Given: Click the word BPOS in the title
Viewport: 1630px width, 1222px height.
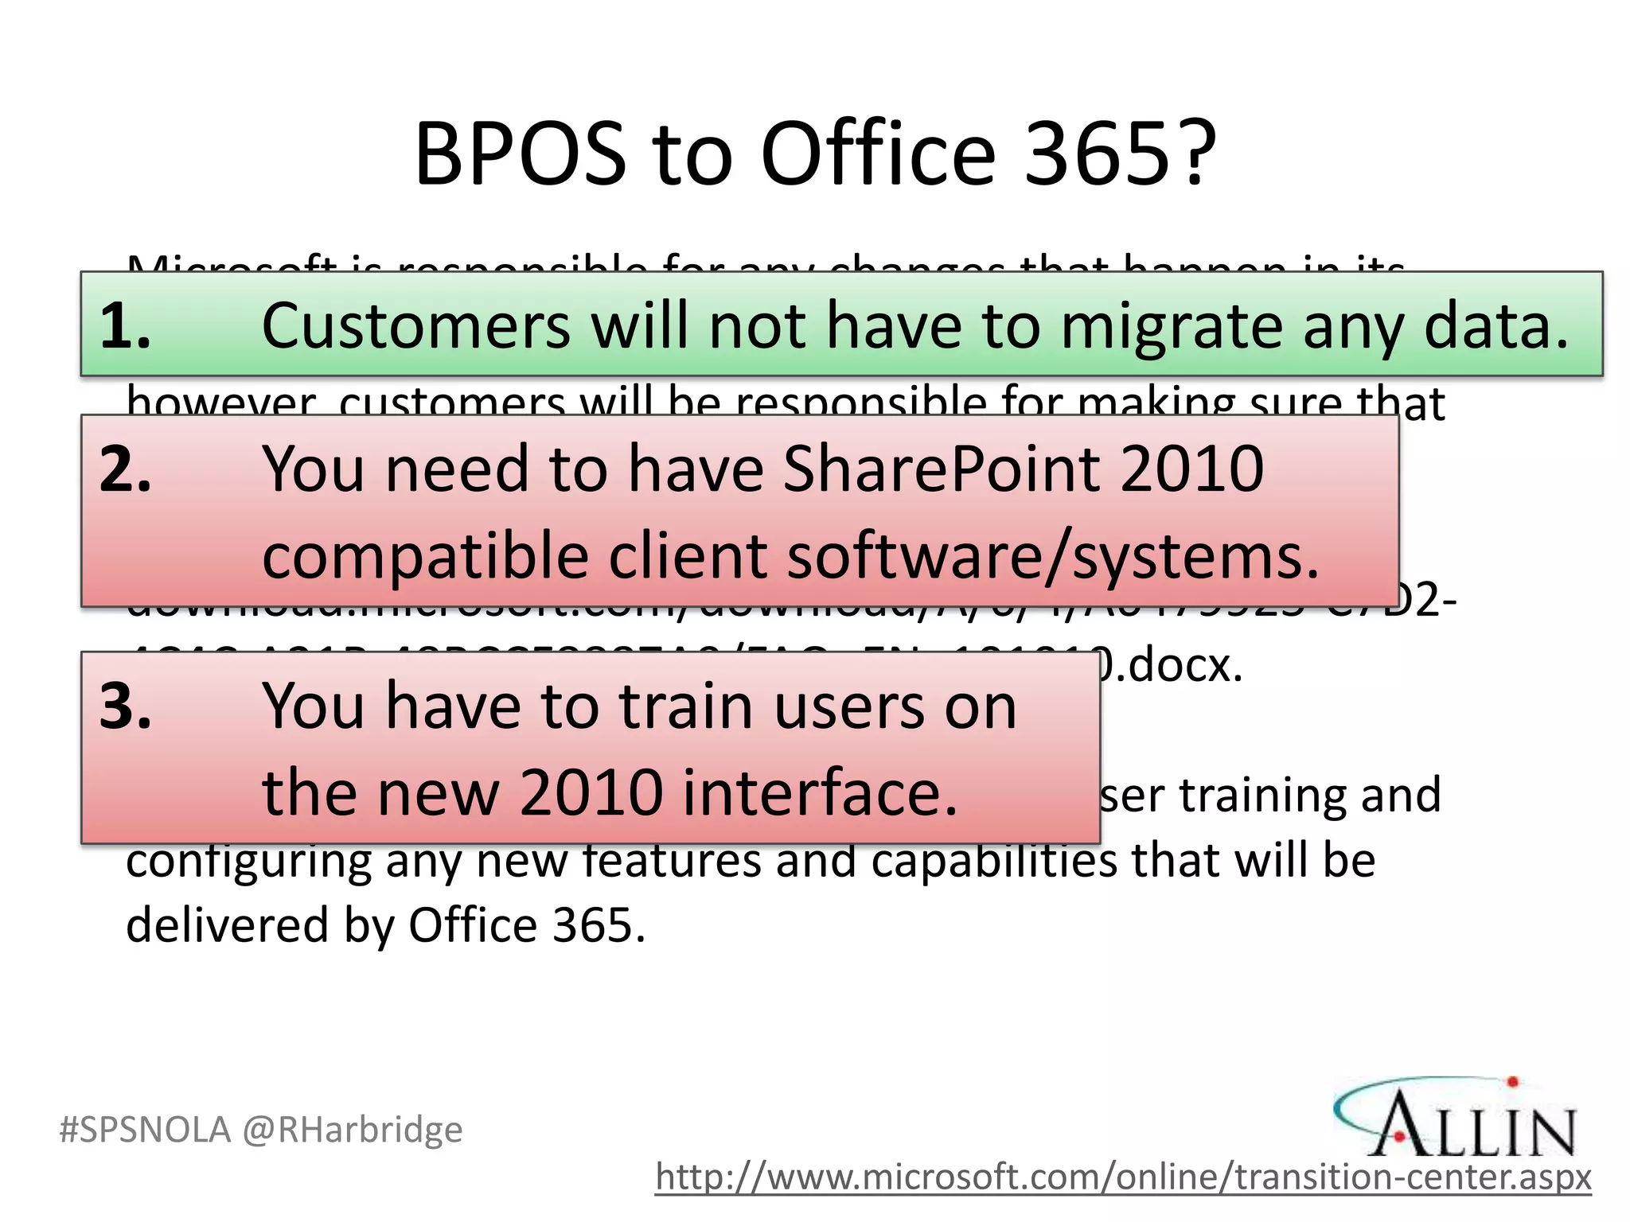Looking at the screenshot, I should tap(520, 154).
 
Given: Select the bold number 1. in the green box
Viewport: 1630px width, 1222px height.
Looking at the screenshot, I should tap(125, 326).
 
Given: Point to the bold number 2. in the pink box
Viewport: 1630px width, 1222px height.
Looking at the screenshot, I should tap(125, 469).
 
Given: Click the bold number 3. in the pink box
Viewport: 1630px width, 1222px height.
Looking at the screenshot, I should tap(125, 706).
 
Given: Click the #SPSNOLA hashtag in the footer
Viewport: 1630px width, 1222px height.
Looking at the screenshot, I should tap(146, 1130).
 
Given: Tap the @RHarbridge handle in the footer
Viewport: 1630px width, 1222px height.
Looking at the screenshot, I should tap(352, 1130).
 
